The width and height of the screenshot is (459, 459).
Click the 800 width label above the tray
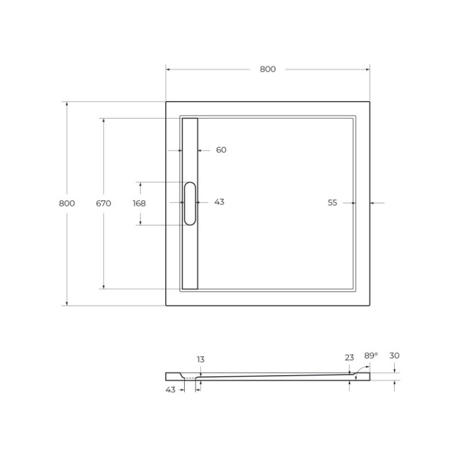pos(267,69)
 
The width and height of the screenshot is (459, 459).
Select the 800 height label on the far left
pos(67,203)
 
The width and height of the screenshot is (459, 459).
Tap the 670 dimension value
pos(103,203)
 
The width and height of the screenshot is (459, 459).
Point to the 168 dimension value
pos(139,203)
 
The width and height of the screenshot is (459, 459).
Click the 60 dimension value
pos(221,150)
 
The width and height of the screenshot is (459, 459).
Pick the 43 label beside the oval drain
pos(219,202)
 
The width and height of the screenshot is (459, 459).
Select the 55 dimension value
pos(332,203)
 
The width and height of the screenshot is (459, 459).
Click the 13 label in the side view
pos(201,360)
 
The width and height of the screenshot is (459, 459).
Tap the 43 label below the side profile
pos(171,389)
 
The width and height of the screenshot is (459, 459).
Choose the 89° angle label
pos(370,355)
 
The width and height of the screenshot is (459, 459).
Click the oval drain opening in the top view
pos(190,203)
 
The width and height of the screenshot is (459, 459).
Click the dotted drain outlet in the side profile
pos(191,378)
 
